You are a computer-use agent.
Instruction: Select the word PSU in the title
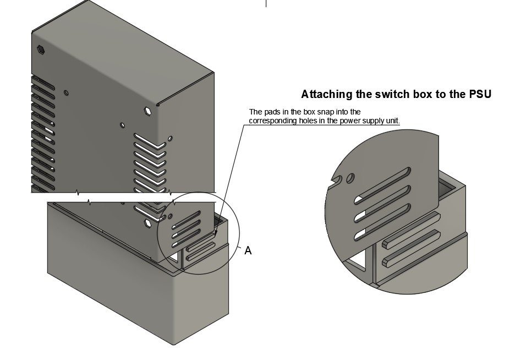click(480, 94)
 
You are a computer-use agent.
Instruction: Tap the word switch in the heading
click(394, 94)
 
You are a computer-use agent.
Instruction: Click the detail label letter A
click(248, 251)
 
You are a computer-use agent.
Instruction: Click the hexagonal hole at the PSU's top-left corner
click(41, 50)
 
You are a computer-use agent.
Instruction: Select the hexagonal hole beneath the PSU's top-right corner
click(147, 111)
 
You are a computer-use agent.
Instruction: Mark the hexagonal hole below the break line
click(147, 223)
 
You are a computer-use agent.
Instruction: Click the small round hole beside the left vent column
click(66, 93)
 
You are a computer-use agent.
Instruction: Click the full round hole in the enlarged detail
click(350, 178)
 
